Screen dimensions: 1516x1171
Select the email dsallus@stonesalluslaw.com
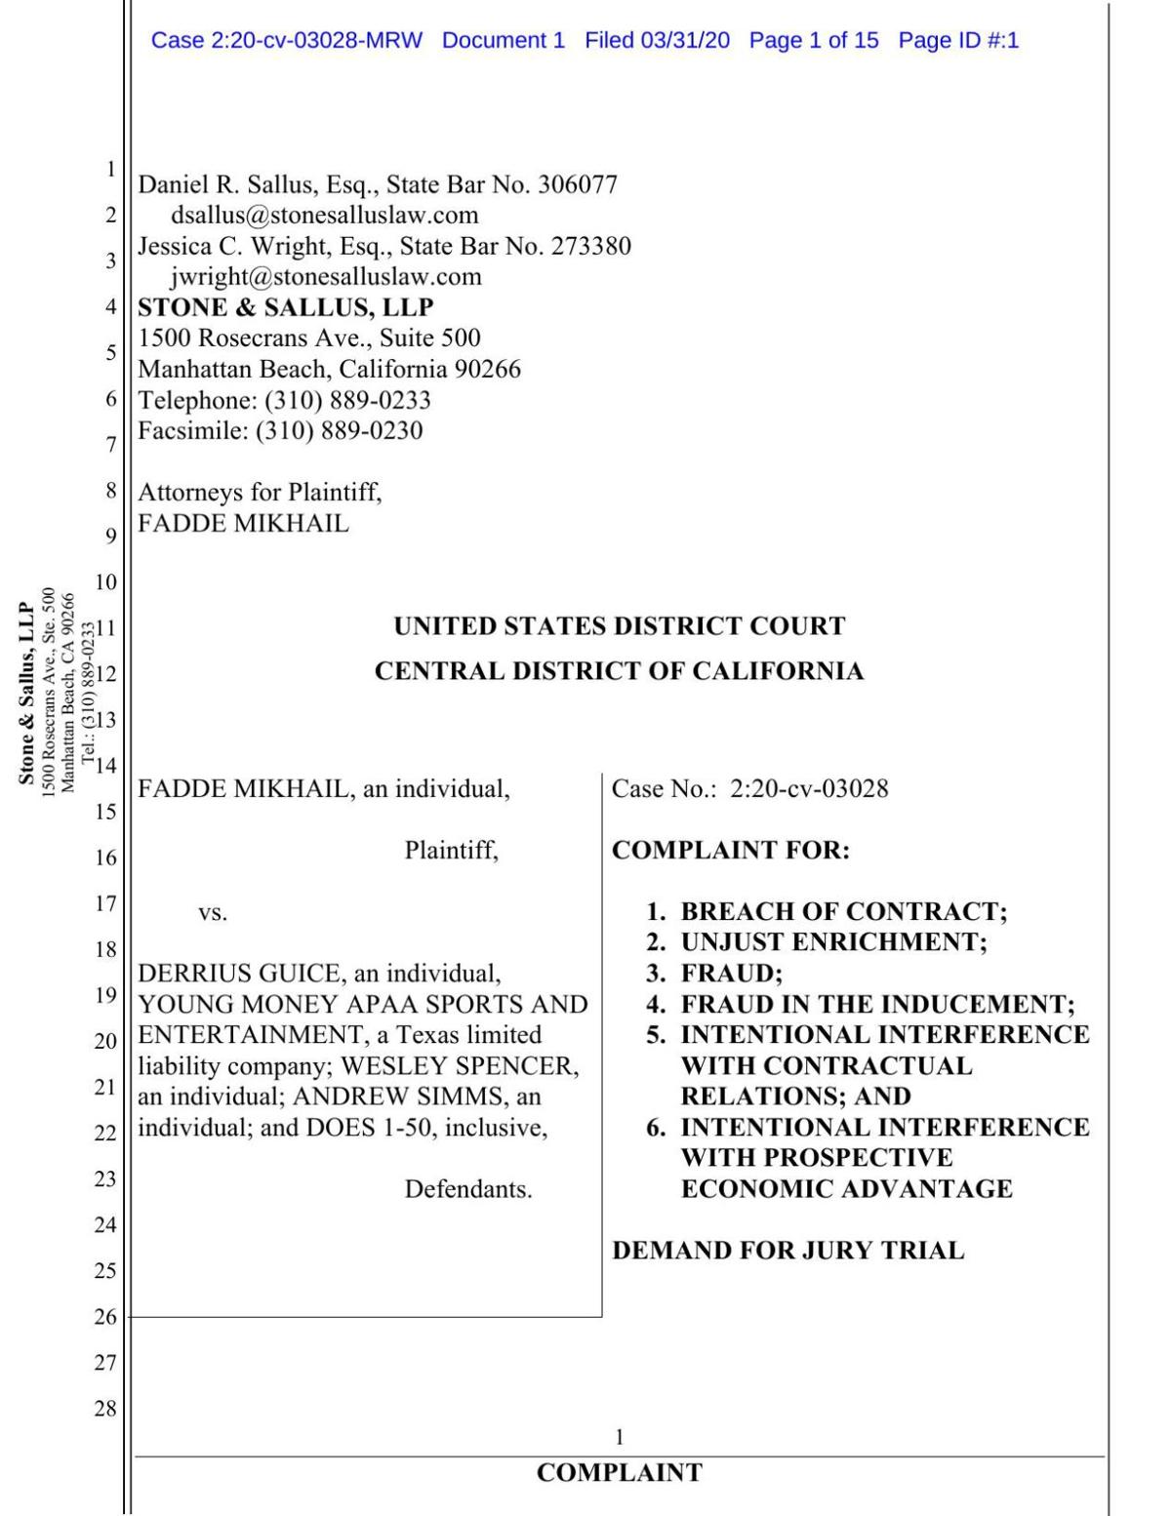(x=324, y=215)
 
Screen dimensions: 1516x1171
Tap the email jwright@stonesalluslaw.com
(x=326, y=276)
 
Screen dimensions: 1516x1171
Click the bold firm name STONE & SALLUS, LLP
(x=285, y=307)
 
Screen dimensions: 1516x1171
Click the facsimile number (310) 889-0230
(x=339, y=430)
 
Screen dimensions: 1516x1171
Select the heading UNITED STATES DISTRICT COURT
(x=619, y=626)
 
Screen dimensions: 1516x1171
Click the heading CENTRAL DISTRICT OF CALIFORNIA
(x=619, y=671)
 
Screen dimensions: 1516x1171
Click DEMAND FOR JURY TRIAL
(x=787, y=1251)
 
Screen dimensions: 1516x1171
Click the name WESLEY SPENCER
(x=459, y=1065)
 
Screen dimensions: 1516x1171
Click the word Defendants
(x=468, y=1189)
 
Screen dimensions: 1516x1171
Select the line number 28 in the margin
(x=104, y=1408)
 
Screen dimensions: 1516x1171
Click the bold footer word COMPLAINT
(x=619, y=1473)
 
